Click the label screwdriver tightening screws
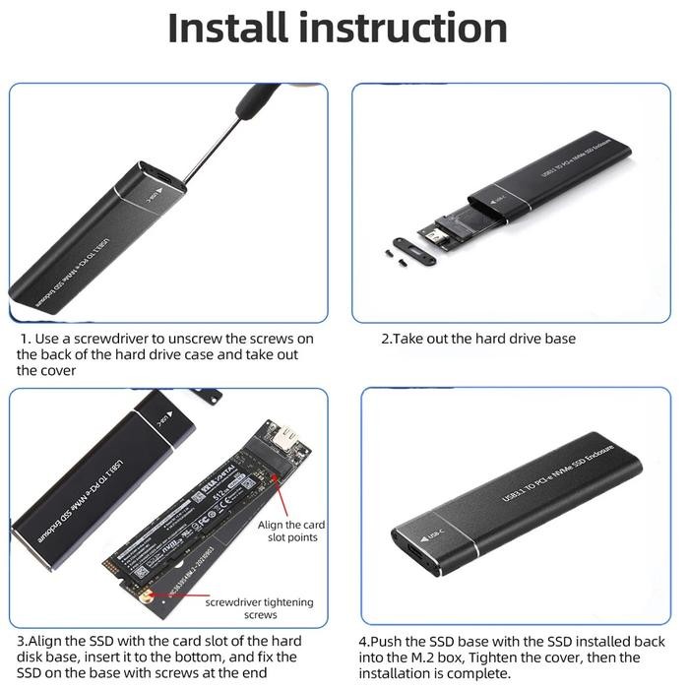point(246,606)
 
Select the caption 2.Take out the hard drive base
point(478,339)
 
